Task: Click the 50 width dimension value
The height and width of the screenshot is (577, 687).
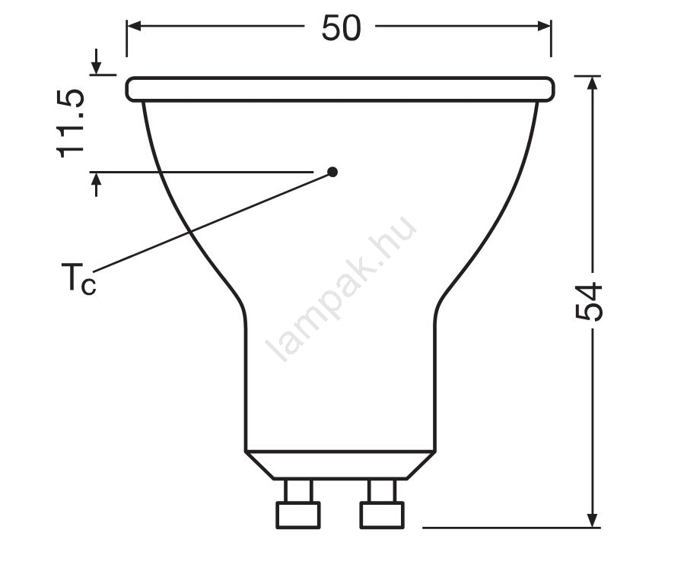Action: pyautogui.click(x=342, y=28)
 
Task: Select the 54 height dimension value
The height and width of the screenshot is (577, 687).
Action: pyautogui.click(x=589, y=302)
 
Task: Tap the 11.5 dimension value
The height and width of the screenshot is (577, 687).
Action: pyautogui.click(x=70, y=123)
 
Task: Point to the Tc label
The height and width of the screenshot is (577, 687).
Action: pyautogui.click(x=78, y=278)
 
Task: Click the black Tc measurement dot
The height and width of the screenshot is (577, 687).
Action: pyautogui.click(x=332, y=172)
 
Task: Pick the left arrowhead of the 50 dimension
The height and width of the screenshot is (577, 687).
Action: pyautogui.click(x=133, y=26)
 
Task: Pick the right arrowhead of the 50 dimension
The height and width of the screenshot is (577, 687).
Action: pyautogui.click(x=544, y=26)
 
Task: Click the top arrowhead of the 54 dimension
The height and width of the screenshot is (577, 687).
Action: pyautogui.click(x=593, y=82)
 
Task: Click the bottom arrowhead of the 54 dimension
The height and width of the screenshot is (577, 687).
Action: pyautogui.click(x=593, y=521)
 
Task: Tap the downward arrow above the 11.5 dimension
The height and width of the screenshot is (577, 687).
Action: pyautogui.click(x=97, y=62)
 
